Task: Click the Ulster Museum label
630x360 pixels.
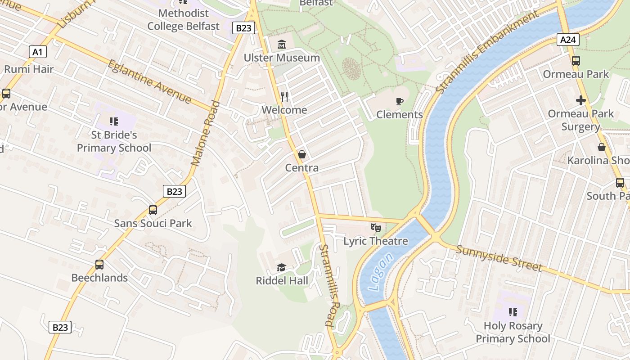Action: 282,58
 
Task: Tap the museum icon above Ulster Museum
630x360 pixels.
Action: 282,44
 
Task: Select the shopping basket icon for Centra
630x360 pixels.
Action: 302,154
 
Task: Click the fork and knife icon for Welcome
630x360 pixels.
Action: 284,96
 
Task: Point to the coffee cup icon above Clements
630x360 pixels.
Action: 399,101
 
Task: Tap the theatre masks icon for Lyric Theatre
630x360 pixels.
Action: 376,228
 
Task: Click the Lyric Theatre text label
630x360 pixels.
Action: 376,241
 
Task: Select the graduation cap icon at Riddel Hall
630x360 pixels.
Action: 282,268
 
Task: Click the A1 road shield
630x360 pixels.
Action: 37,52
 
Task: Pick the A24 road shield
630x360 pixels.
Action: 568,40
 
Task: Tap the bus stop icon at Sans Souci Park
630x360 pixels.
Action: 153,210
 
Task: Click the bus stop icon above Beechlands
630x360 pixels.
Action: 99,265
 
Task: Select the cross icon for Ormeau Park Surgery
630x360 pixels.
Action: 581,100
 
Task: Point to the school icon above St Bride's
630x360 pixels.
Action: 114,121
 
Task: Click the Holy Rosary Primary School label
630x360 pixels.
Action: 513,332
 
